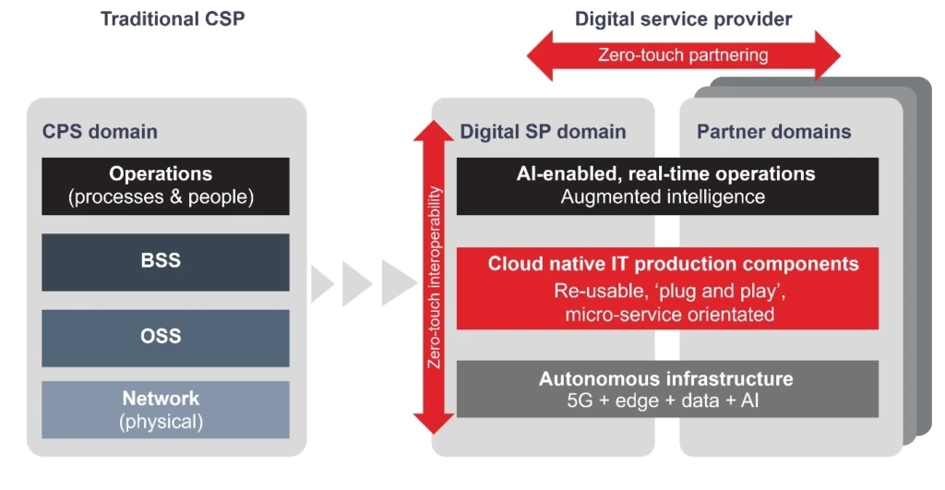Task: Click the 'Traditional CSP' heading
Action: coord(173,18)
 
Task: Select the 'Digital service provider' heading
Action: coord(683,18)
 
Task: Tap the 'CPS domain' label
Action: coord(100,131)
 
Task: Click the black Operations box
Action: coord(166,185)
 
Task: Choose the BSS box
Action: coord(166,262)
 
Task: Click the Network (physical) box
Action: coord(166,410)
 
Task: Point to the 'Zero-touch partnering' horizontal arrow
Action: coord(683,55)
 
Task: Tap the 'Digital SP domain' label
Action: coord(543,131)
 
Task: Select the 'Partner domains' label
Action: coord(773,131)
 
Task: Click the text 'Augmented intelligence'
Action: coord(664,197)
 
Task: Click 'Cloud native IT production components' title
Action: coord(673,264)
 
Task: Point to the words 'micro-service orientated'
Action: coord(669,315)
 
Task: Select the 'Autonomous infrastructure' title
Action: coord(665,378)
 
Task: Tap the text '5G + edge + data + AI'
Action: coord(665,401)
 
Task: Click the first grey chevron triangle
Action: coord(320,283)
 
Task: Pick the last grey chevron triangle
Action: coord(398,283)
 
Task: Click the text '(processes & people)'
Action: coord(166,197)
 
